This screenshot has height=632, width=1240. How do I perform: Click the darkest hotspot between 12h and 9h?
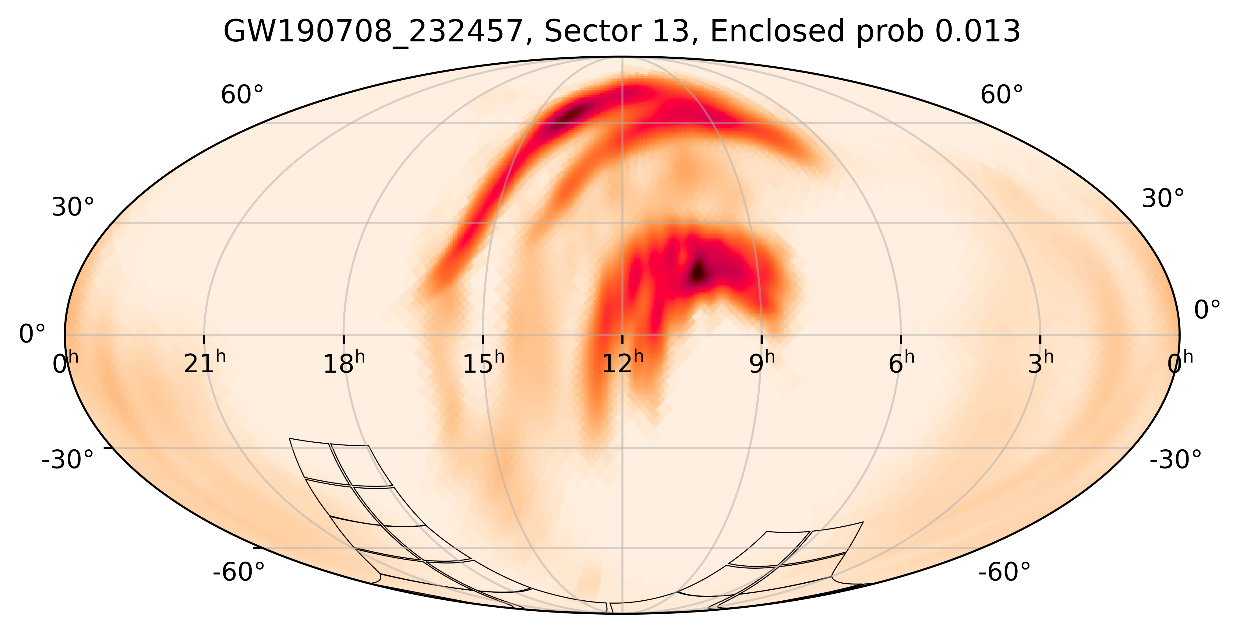698,272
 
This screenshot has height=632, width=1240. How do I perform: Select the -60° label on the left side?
239,572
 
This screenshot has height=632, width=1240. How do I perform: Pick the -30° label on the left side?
68,460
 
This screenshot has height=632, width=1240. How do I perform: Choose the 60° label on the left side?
242,95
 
